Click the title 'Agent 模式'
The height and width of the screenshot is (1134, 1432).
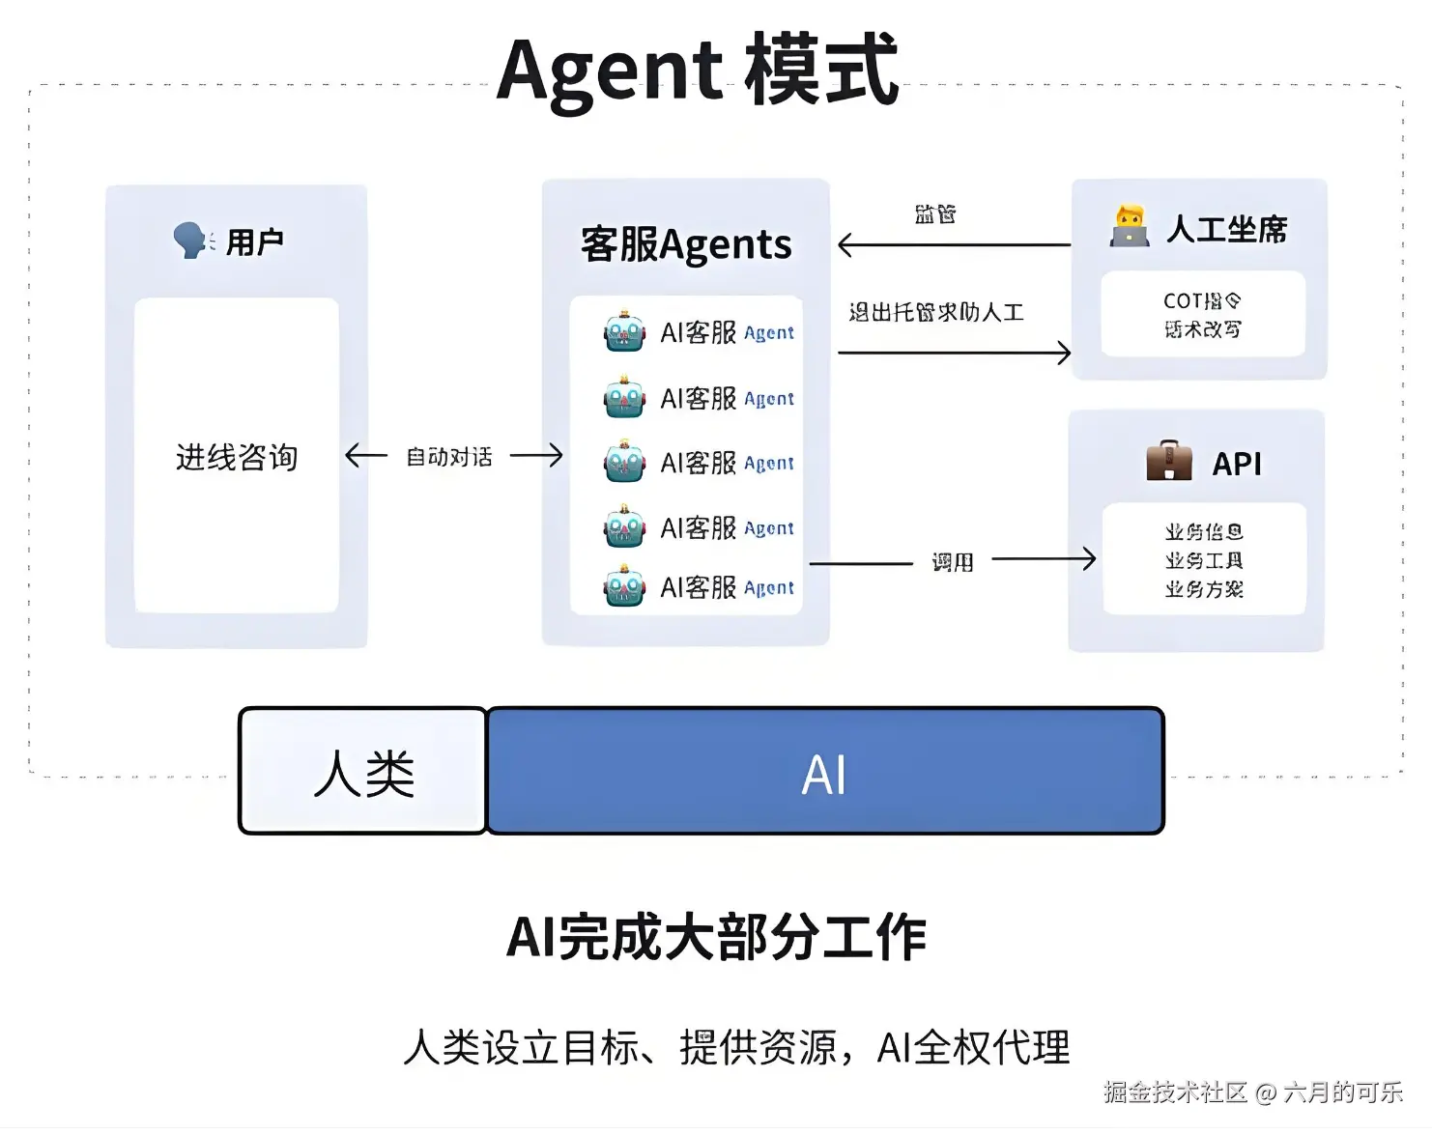click(698, 70)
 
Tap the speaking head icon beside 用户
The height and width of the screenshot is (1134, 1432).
click(191, 241)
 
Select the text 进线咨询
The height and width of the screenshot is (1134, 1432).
click(237, 457)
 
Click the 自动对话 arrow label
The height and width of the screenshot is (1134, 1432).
click(449, 456)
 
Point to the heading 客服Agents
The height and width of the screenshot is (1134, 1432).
click(686, 244)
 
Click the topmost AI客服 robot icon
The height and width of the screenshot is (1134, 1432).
click(624, 332)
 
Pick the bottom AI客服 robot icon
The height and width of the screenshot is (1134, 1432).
click(624, 587)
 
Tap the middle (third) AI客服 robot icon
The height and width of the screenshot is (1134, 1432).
click(624, 463)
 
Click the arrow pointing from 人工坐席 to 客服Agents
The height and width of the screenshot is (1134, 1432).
click(953, 245)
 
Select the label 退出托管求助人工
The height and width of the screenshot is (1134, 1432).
click(936, 312)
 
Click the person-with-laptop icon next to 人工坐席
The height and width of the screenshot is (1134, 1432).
click(1130, 227)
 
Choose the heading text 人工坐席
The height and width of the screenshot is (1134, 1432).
click(1227, 230)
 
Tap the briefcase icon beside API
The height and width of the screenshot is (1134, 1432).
click(1169, 461)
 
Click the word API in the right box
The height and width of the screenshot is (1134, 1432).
click(1237, 464)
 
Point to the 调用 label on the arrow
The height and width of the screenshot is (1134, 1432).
click(953, 561)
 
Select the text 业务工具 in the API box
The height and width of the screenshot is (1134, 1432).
click(1204, 560)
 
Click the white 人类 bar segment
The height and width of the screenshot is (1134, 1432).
click(363, 772)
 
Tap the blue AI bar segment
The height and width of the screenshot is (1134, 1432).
click(825, 772)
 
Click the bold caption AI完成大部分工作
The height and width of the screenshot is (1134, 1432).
click(716, 937)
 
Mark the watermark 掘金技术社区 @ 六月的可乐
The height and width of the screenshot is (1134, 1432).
click(1253, 1092)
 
